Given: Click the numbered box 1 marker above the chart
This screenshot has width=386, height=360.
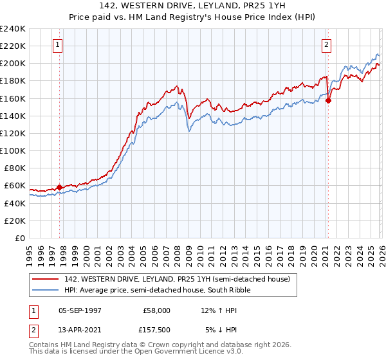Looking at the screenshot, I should [x=59, y=45].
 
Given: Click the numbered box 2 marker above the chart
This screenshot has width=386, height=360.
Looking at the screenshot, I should [x=327, y=45].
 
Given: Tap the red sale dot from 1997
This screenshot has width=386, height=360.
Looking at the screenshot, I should [x=60, y=187].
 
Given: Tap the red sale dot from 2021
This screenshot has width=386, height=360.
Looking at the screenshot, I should [x=328, y=100].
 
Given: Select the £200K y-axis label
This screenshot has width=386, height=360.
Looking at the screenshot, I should [x=13, y=63].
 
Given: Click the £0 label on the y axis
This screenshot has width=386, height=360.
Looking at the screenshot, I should [x=19, y=238].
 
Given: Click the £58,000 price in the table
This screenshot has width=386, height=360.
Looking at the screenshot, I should [x=157, y=310].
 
